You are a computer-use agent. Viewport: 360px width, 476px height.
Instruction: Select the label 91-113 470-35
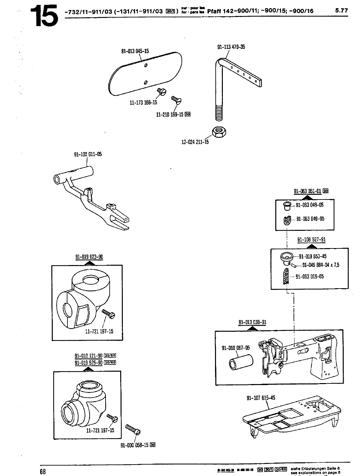[x=231, y=47]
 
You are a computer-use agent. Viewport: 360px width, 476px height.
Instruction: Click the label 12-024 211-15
[x=195, y=142]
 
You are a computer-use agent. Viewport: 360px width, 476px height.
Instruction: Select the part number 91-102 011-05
[x=88, y=154]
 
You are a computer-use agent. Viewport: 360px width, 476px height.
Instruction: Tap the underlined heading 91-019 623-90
[x=89, y=257]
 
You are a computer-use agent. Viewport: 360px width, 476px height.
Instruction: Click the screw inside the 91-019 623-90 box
[x=108, y=314]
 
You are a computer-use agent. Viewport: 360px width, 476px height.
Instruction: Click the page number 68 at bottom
[x=43, y=472]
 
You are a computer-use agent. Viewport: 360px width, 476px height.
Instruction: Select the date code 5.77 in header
[x=341, y=10]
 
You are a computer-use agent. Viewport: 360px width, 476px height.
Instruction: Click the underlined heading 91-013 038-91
[x=252, y=322]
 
